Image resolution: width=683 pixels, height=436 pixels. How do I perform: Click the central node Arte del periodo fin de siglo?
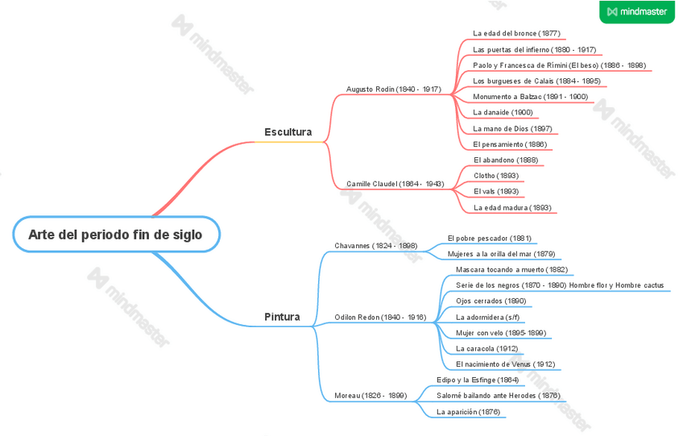click(x=115, y=235)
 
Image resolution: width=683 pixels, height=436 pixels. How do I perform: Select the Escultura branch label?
click(x=288, y=131)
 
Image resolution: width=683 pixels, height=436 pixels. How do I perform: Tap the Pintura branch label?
click(x=282, y=317)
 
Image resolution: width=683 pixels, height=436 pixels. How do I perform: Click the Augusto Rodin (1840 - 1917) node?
click(x=393, y=89)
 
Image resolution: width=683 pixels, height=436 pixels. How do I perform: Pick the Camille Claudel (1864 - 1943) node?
click(x=395, y=184)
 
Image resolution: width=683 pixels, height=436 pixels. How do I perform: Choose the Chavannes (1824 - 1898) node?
click(x=375, y=245)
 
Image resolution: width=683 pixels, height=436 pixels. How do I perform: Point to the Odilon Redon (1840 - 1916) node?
click(x=380, y=317)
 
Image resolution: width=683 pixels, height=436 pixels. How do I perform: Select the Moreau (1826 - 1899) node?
click(x=370, y=396)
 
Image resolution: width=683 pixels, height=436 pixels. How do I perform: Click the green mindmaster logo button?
click(x=636, y=11)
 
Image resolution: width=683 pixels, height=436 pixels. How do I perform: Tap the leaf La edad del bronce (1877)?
click(x=516, y=33)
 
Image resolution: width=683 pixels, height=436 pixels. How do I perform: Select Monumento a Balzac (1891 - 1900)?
click(x=530, y=97)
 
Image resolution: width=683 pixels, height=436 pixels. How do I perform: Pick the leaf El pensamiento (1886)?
click(x=510, y=144)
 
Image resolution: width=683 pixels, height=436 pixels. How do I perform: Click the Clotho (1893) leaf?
click(x=495, y=176)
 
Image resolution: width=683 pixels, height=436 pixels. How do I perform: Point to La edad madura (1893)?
click(x=511, y=207)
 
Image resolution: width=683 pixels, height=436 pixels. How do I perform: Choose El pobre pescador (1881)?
click(x=489, y=238)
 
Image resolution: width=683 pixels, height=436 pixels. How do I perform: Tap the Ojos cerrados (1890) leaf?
click(x=491, y=301)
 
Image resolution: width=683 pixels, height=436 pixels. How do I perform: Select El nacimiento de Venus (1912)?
click(x=505, y=364)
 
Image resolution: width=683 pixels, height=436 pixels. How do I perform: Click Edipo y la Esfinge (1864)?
click(x=478, y=380)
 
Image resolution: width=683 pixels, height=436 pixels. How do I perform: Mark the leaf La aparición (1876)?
click(x=468, y=412)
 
